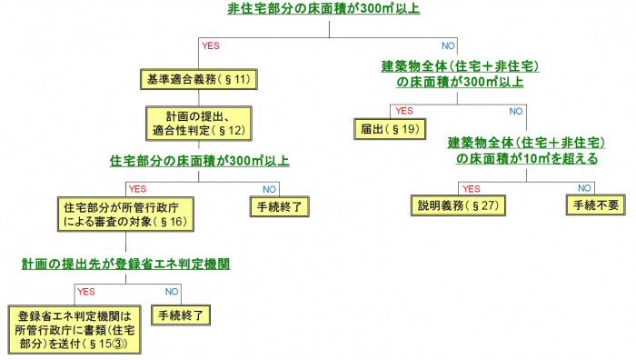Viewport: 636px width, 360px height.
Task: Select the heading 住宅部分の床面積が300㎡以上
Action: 199,162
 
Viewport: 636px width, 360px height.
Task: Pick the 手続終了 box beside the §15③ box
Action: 183,317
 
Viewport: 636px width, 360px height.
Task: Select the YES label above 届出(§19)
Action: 404,111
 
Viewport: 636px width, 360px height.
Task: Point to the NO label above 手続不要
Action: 585,188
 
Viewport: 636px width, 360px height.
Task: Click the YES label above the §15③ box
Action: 85,292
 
